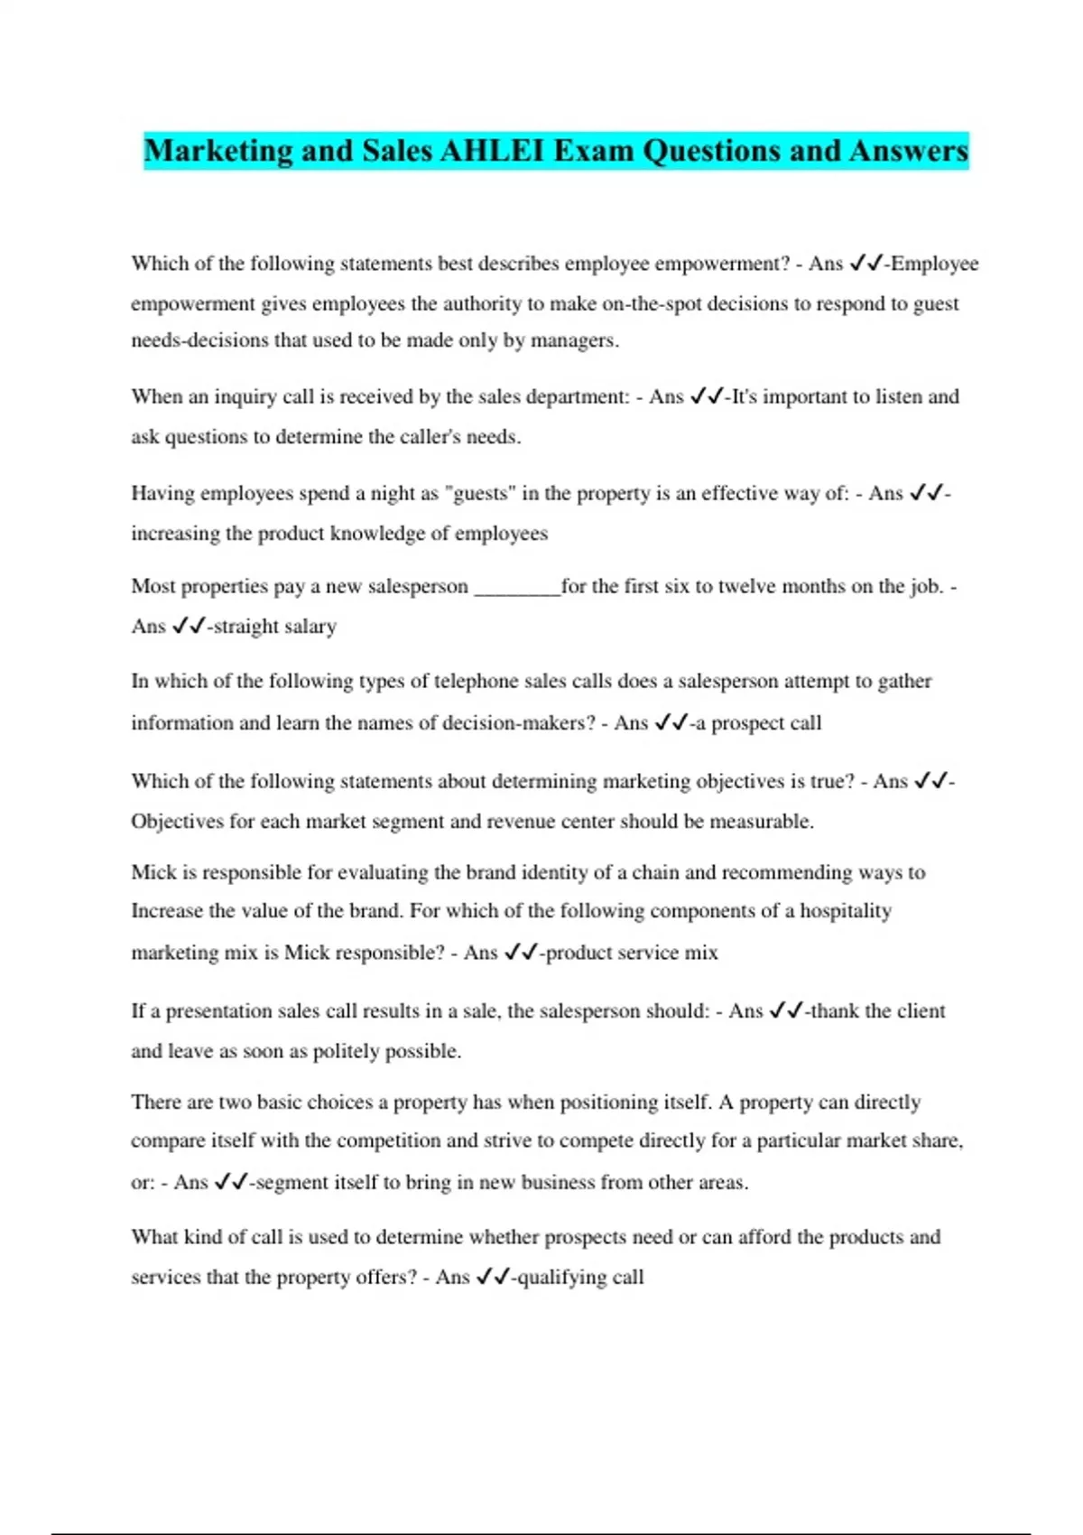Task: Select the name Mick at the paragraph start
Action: point(153,872)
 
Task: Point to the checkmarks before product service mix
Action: point(521,953)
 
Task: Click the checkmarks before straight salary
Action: point(188,627)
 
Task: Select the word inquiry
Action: point(244,397)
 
